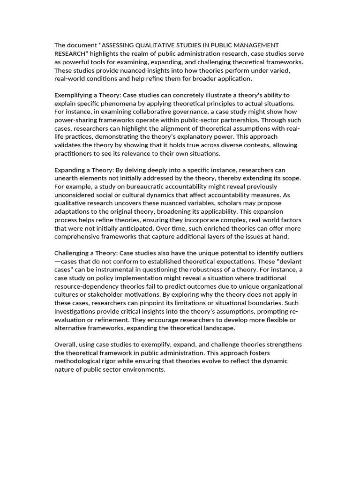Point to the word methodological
pyautogui.click(x=79, y=361)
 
